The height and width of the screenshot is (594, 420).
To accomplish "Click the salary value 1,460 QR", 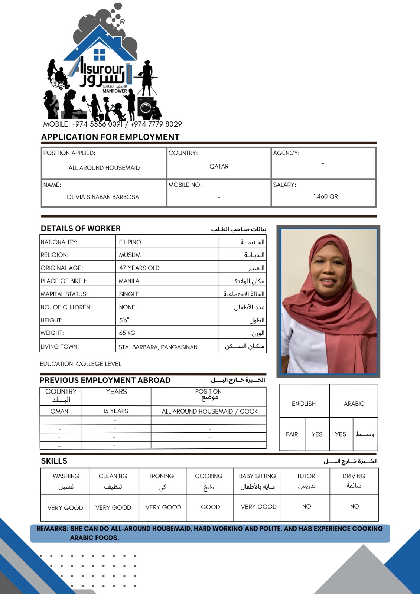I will click(x=325, y=196).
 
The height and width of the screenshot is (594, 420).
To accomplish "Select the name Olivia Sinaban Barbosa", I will click(x=103, y=197).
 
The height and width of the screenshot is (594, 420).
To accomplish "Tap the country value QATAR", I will click(x=219, y=166).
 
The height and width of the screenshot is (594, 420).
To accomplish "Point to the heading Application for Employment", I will click(x=110, y=137).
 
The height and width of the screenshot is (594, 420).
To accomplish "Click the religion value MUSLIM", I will click(x=130, y=255).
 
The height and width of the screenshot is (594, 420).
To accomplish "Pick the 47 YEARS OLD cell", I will click(x=139, y=268).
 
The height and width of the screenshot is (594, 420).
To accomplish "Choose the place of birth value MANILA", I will click(x=129, y=281).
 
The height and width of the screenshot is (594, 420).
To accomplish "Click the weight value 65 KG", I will click(x=127, y=333).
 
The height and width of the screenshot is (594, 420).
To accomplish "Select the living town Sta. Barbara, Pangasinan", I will click(x=158, y=347).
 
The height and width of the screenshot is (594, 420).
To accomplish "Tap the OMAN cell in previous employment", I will click(x=59, y=411).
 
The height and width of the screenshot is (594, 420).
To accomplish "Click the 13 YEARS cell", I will click(x=116, y=411).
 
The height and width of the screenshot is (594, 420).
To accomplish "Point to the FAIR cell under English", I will click(x=292, y=434).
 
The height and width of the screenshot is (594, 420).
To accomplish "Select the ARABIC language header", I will click(x=354, y=404).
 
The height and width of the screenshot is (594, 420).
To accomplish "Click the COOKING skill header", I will click(x=209, y=476).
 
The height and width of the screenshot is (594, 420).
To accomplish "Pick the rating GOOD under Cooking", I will click(x=210, y=507).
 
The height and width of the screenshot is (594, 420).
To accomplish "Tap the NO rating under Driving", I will click(x=354, y=506).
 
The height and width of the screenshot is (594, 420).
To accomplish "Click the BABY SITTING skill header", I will click(x=257, y=476).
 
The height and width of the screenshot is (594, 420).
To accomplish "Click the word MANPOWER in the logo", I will click(x=115, y=91).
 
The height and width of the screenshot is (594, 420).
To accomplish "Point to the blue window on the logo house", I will click(x=99, y=54).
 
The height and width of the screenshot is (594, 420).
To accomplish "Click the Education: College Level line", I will click(x=81, y=364).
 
